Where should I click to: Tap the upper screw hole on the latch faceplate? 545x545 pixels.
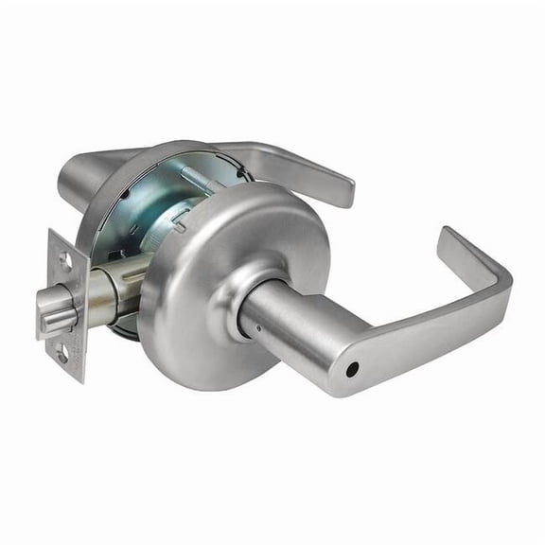pyautogui.click(x=63, y=256)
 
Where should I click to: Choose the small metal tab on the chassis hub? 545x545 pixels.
pyautogui.click(x=180, y=220)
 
